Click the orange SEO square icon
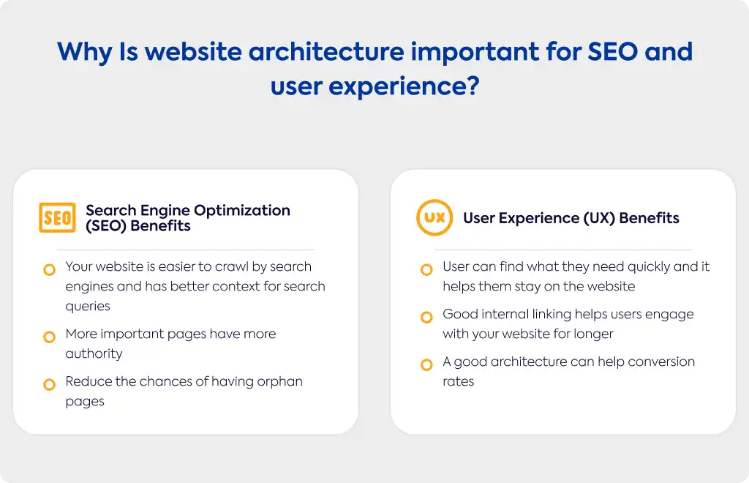point(57,218)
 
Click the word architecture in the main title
point(326,52)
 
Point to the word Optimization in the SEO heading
point(242,211)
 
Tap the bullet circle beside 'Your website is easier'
point(49,270)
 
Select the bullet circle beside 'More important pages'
point(49,337)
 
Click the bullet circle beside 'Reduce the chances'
point(49,385)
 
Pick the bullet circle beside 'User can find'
point(426,270)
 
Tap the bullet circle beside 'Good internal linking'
point(426,317)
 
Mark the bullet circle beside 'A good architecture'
point(426,365)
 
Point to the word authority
point(94,354)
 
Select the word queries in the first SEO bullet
point(88,307)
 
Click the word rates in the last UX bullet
point(459,382)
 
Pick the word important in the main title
point(475,53)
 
